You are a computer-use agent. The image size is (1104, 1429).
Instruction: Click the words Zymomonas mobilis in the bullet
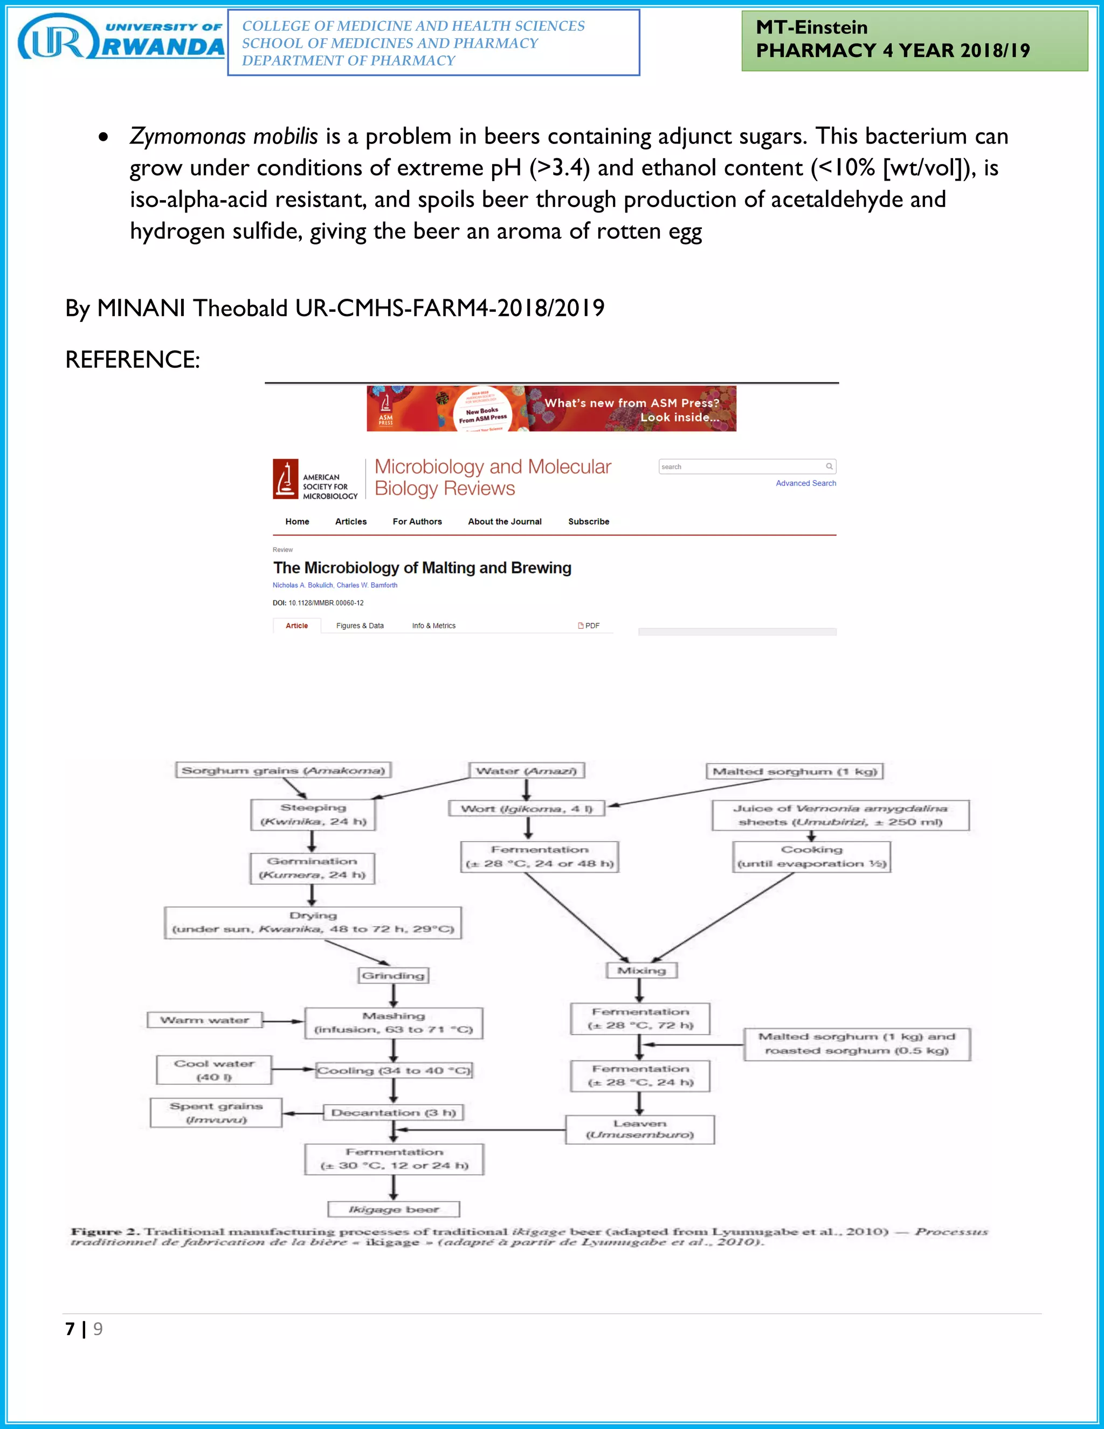coord(224,136)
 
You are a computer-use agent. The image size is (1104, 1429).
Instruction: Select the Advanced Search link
coord(805,483)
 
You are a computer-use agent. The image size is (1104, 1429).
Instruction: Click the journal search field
coord(742,466)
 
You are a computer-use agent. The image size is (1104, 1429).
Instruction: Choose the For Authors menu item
coord(417,521)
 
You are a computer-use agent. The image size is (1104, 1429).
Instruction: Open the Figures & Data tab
coord(360,626)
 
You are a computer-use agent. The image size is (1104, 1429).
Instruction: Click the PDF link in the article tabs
coord(589,626)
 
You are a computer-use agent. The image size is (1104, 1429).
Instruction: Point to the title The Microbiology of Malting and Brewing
coord(422,567)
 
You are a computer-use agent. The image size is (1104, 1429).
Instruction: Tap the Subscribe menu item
coord(588,521)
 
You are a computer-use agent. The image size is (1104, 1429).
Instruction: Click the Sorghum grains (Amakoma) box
coord(283,770)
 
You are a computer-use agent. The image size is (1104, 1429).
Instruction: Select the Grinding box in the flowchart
coord(393,975)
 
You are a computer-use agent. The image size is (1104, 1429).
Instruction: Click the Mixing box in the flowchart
coord(641,970)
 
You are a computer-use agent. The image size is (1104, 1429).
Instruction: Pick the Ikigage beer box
coord(393,1209)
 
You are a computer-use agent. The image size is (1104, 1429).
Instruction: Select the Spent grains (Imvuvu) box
coord(216,1112)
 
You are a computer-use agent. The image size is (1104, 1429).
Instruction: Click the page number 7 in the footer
coord(70,1329)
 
